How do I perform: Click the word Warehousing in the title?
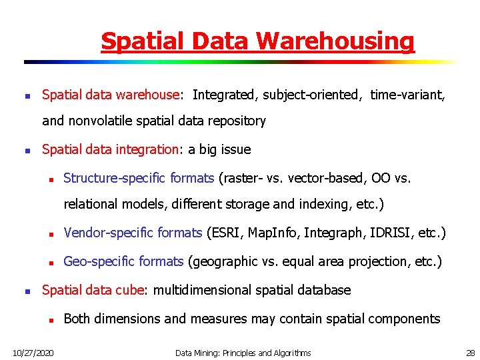coord(335,41)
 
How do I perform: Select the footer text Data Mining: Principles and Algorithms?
coord(243,352)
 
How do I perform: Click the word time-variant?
coord(407,95)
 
